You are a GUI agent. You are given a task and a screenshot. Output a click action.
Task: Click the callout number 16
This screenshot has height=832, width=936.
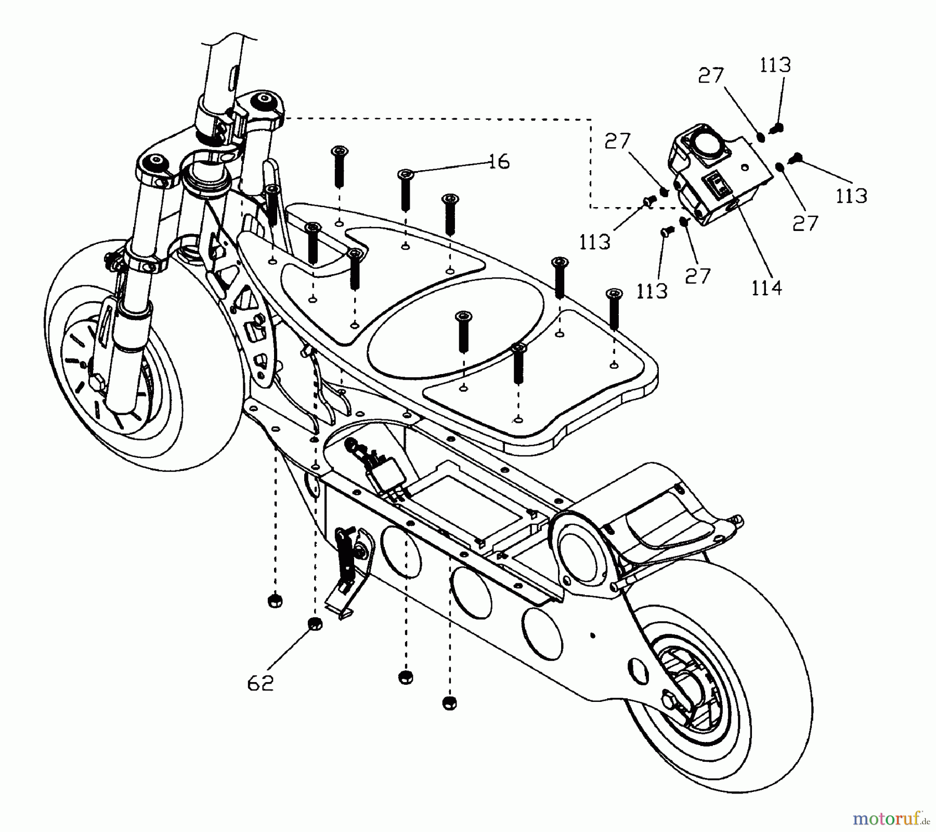499,162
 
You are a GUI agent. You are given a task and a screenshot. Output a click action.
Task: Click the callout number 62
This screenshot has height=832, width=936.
260,683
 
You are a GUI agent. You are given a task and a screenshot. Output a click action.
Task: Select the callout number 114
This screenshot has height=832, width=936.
766,288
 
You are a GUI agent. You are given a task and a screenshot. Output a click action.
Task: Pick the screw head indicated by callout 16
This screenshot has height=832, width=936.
406,174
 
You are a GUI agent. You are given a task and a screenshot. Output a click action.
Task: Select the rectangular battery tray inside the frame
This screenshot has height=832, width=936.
471,500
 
